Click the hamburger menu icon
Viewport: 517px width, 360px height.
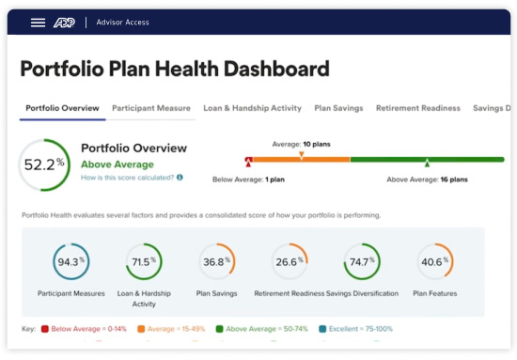click(38, 23)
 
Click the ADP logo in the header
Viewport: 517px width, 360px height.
click(63, 23)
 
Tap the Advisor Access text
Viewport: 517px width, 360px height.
click(122, 23)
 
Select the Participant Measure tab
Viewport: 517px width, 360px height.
click(151, 108)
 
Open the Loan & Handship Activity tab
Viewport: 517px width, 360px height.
click(252, 108)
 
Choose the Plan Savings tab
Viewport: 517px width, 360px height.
click(338, 108)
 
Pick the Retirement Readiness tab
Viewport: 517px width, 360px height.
click(418, 108)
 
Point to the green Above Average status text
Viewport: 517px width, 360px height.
click(117, 164)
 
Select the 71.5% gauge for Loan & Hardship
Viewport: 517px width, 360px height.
click(144, 262)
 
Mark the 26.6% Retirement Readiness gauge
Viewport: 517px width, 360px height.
click(289, 262)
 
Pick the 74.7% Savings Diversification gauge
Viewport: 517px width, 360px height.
click(362, 262)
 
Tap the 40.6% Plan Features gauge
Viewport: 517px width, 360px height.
click(434, 262)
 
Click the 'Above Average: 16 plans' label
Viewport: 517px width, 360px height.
click(429, 178)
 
